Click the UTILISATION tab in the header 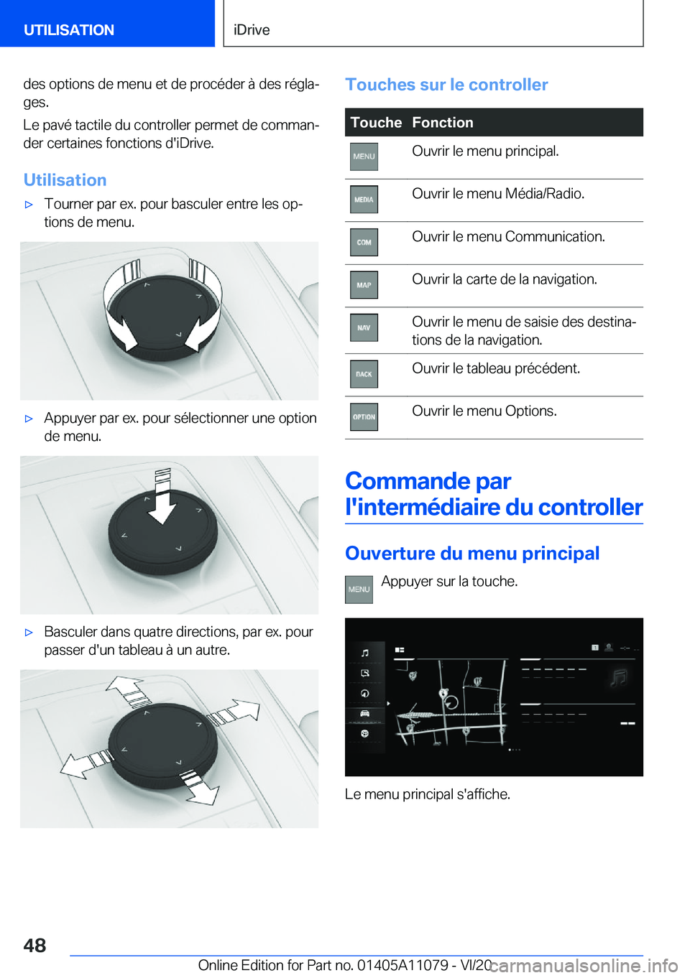pyautogui.click(x=69, y=30)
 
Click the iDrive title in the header pyautogui.click(x=252, y=30)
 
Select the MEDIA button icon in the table pyautogui.click(x=364, y=200)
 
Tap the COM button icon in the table pyautogui.click(x=364, y=243)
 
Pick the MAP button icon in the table pyautogui.click(x=364, y=285)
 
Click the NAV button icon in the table pyautogui.click(x=364, y=328)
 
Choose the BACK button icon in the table pyautogui.click(x=364, y=374)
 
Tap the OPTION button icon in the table pyautogui.click(x=364, y=417)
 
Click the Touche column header pyautogui.click(x=376, y=123)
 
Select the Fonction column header pyautogui.click(x=443, y=123)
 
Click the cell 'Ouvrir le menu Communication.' pyautogui.click(x=508, y=237)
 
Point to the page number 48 pyautogui.click(x=34, y=945)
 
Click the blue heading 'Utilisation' pyautogui.click(x=65, y=180)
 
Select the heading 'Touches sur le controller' pyautogui.click(x=446, y=85)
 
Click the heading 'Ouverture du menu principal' pyautogui.click(x=472, y=553)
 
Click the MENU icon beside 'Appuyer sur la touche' pyautogui.click(x=359, y=590)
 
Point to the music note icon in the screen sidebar pyautogui.click(x=365, y=653)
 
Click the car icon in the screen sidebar pyautogui.click(x=365, y=713)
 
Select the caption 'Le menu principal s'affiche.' pyautogui.click(x=428, y=794)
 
